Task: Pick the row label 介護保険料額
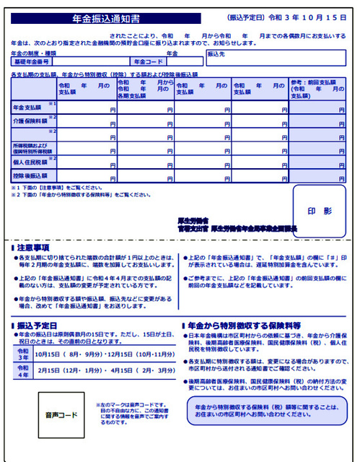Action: coord(30,121)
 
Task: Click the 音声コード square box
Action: coord(63,416)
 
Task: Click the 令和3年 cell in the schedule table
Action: coord(24,353)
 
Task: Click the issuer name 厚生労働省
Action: coord(193,220)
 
